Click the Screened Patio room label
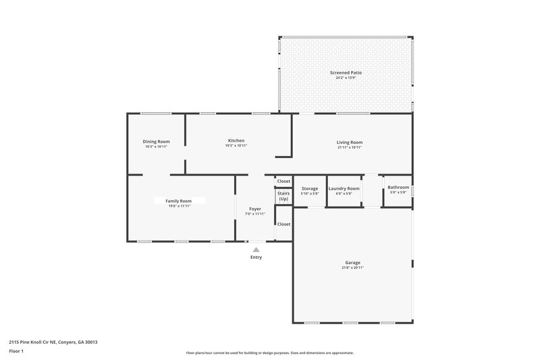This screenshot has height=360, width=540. [345, 72]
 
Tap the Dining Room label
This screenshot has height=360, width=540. [156, 141]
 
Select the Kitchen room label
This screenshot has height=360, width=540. [236, 140]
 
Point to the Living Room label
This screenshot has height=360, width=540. [350, 142]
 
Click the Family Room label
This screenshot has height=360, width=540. [179, 201]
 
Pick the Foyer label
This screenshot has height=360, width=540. [255, 209]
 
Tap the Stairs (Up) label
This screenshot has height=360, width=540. [283, 197]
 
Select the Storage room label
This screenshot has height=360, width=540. [309, 188]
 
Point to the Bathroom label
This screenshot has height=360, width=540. [398, 187]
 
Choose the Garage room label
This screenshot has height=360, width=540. [353, 262]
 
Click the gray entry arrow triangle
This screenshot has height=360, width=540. [256, 249]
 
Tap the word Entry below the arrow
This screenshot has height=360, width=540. [256, 257]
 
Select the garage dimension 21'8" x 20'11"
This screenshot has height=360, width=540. [353, 267]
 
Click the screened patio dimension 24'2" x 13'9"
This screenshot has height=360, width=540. [345, 78]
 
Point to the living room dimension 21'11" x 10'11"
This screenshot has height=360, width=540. [350, 147]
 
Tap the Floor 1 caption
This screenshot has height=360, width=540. [17, 351]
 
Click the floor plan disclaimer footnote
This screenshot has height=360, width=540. [270, 353]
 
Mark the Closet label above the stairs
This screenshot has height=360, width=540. [283, 181]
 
